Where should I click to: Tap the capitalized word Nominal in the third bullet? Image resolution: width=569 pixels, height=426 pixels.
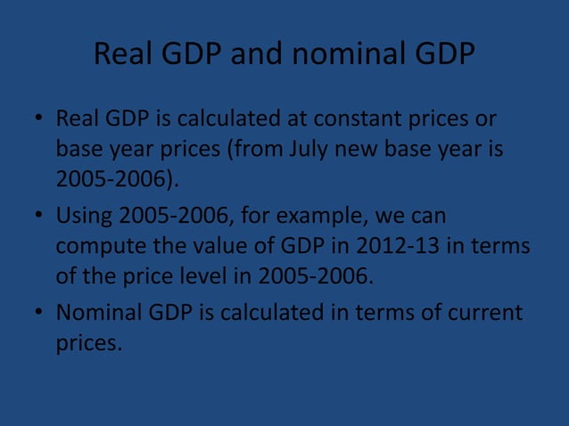click(97, 314)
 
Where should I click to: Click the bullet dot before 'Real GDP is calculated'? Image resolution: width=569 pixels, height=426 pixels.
click(38, 119)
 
